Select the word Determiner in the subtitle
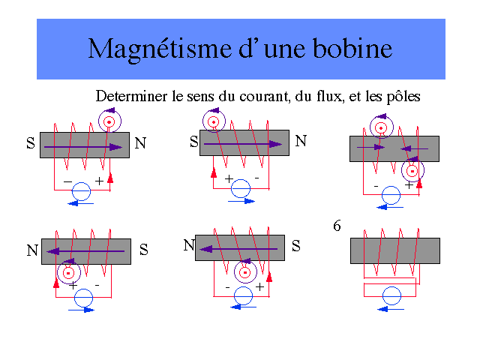point(130,97)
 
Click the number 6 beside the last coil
point(337,224)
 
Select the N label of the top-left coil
point(140,142)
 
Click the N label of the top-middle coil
point(301,139)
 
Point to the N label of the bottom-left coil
point(32,251)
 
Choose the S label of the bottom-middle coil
point(296,245)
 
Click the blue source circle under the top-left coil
point(81,192)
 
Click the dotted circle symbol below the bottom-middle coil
point(244,272)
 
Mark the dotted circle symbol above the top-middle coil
point(214,121)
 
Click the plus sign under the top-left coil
point(99,181)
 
